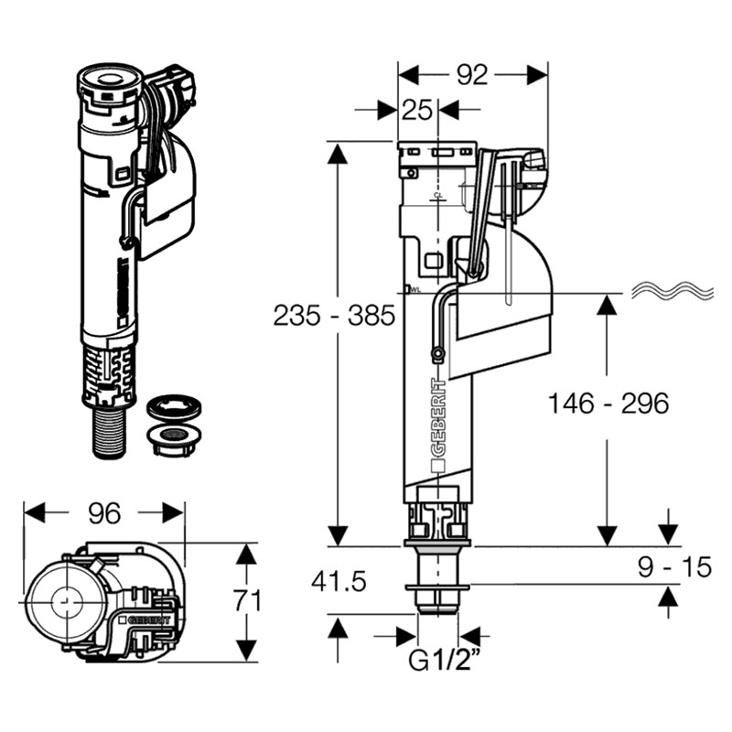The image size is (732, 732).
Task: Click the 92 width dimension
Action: point(472,75)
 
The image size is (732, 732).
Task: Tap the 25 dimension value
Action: point(417,110)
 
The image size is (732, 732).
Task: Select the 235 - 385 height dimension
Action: point(334,316)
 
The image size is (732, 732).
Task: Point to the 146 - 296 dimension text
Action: point(608,403)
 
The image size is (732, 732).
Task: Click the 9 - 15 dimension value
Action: point(674,566)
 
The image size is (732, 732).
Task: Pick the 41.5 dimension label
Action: point(339,582)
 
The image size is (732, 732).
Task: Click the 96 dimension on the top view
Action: point(104,513)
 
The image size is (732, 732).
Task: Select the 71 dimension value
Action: point(247,600)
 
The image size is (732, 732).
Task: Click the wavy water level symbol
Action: point(673,291)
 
